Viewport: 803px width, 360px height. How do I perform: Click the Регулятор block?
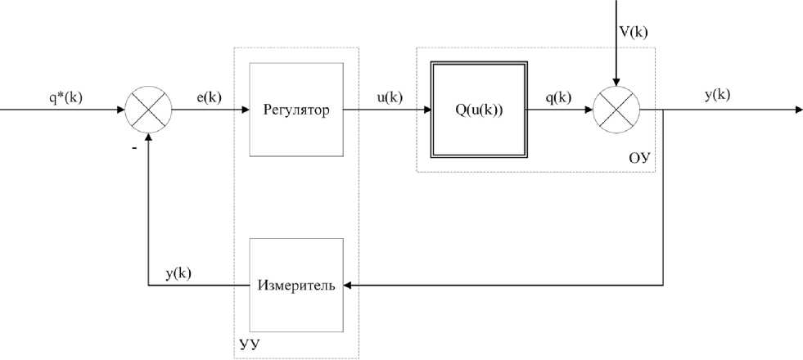tap(295, 110)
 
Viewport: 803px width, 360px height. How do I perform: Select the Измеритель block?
tap(295, 286)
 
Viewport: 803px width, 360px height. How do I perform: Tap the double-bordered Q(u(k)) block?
tap(479, 110)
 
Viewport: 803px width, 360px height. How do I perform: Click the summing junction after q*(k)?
tap(148, 109)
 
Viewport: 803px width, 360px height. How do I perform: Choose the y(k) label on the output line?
tap(717, 95)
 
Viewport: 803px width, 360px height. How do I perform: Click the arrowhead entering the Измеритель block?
tap(348, 286)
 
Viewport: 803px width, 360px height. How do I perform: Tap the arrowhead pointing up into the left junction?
tap(148, 137)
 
